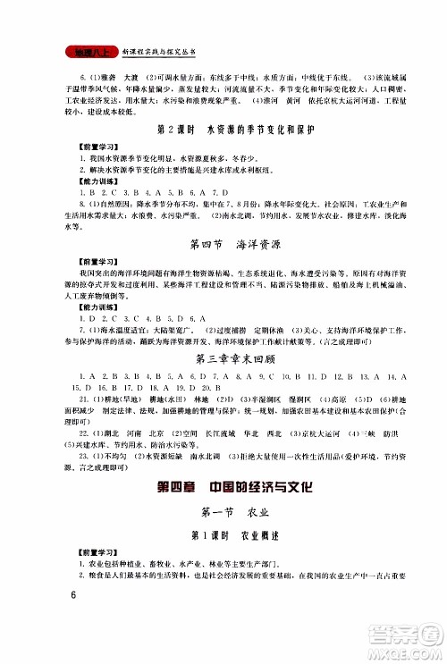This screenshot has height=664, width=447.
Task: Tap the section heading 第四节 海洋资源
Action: tap(223, 244)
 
